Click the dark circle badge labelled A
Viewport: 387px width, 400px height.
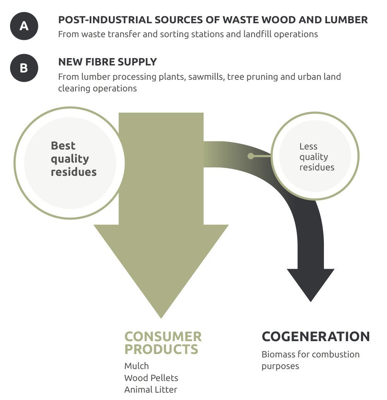click(24, 26)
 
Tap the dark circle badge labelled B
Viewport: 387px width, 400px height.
click(24, 68)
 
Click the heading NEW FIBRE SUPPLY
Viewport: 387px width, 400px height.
click(108, 62)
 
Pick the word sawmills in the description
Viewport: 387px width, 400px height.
click(206, 76)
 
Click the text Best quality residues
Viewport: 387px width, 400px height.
click(74, 159)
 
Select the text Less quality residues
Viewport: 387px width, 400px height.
click(316, 157)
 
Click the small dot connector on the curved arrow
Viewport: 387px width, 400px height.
click(251, 156)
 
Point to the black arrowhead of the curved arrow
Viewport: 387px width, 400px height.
click(310, 283)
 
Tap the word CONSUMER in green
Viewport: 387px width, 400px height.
click(163, 336)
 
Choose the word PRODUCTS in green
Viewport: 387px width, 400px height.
click(161, 349)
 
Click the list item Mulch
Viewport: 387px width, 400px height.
click(136, 366)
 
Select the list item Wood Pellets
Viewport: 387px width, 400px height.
click(151, 378)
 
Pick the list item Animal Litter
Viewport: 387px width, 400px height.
click(151, 390)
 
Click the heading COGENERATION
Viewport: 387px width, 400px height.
click(315, 336)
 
